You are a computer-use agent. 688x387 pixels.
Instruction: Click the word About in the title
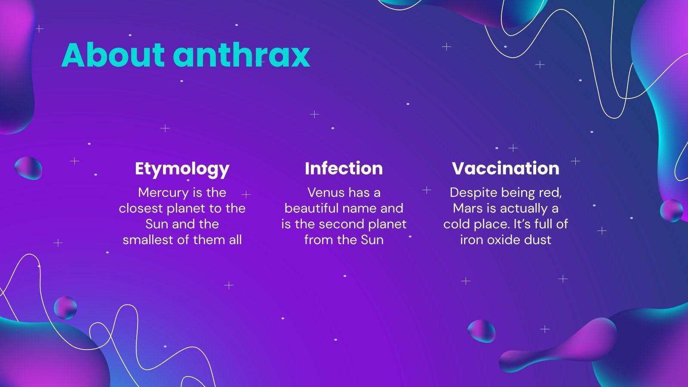(x=113, y=55)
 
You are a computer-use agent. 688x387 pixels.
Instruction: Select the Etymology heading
(x=182, y=169)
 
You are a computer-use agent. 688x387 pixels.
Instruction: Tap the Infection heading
(x=344, y=168)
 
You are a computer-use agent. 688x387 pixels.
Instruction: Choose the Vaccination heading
(x=506, y=168)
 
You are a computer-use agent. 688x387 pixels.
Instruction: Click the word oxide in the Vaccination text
(x=506, y=240)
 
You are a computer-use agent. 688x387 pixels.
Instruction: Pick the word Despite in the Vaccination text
(x=469, y=193)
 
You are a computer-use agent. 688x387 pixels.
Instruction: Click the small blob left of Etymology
(x=28, y=168)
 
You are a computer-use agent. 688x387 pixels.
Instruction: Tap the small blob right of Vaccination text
(x=671, y=210)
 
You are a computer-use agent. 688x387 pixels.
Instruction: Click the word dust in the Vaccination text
(x=539, y=240)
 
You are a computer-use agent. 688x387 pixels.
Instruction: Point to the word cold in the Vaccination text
(x=457, y=224)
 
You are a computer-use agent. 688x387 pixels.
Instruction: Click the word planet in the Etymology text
(x=186, y=209)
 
